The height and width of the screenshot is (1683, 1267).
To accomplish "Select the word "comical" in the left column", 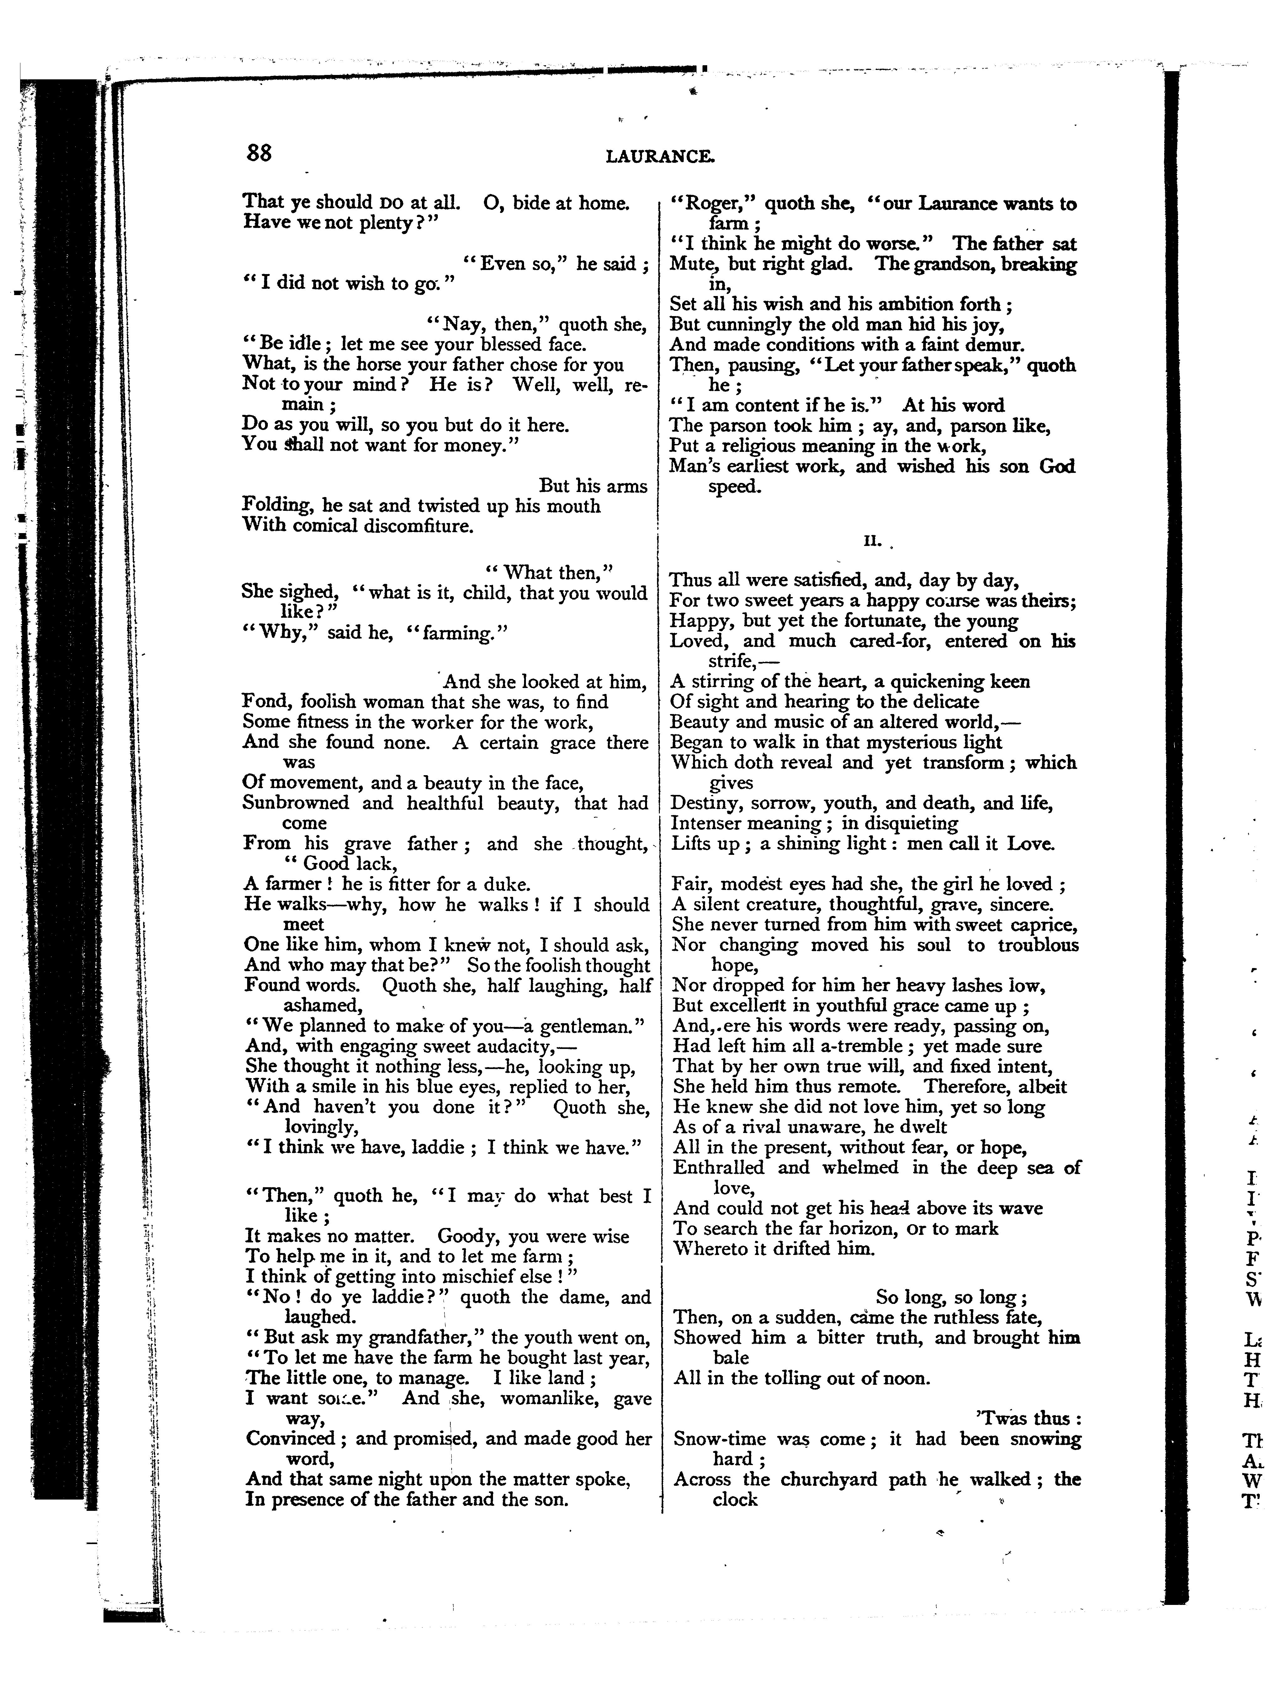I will tap(317, 526).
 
